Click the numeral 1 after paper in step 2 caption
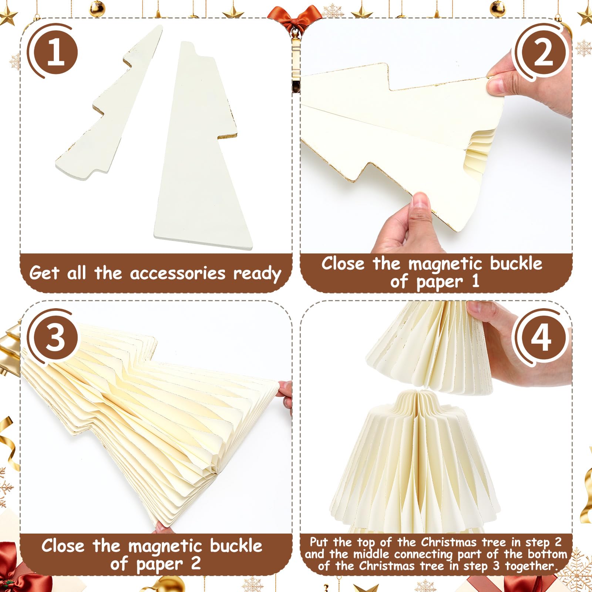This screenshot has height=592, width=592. (x=475, y=281)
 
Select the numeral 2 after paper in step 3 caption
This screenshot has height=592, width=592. (x=196, y=564)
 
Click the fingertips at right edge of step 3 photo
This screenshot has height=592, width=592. (x=285, y=392)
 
